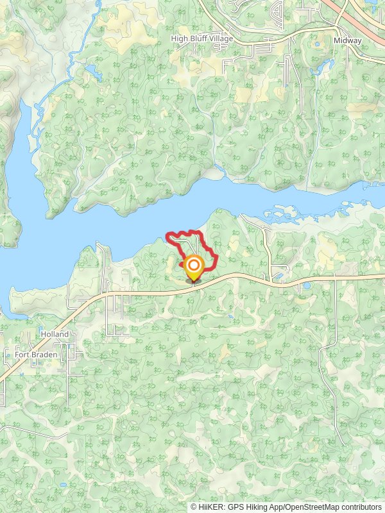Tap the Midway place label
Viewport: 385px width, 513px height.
point(347,40)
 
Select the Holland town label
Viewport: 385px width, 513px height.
point(55,334)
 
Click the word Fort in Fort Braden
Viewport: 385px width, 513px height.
point(21,354)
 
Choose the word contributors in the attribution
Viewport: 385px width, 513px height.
point(361,507)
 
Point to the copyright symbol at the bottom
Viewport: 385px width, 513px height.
point(194,507)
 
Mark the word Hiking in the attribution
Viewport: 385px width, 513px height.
point(255,507)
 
